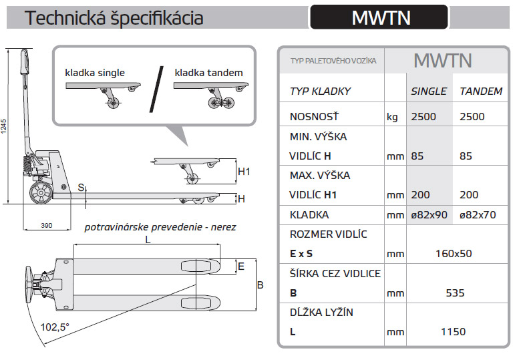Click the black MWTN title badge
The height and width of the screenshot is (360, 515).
pyautogui.click(x=379, y=17)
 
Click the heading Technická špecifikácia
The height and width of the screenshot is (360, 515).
pyautogui.click(x=114, y=18)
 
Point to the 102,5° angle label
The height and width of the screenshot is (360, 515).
pyautogui.click(x=55, y=327)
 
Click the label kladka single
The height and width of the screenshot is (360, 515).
pyautogui.click(x=95, y=73)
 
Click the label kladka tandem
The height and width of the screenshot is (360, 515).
pyautogui.click(x=208, y=73)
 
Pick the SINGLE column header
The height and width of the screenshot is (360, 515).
pyautogui.click(x=428, y=91)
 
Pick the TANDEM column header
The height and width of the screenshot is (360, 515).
pyautogui.click(x=481, y=91)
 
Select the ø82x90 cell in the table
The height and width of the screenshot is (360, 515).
pyautogui.click(x=429, y=215)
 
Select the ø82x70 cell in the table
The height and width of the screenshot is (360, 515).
pyautogui.click(x=481, y=215)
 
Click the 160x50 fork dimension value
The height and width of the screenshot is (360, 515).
pyautogui.click(x=454, y=254)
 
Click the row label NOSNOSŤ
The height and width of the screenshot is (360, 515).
pyautogui.click(x=313, y=116)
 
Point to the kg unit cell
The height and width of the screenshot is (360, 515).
pyautogui.click(x=392, y=117)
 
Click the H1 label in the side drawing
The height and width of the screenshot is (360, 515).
pyautogui.click(x=244, y=172)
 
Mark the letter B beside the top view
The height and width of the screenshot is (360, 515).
pyautogui.click(x=261, y=285)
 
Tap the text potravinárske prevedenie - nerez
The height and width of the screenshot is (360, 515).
pyautogui.click(x=160, y=227)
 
